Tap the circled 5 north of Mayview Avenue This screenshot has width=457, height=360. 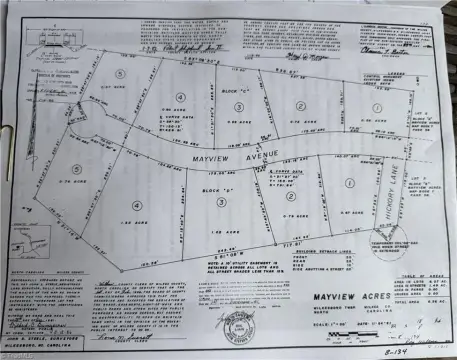pos(118,74)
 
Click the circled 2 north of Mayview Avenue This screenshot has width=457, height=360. pos(299,105)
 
